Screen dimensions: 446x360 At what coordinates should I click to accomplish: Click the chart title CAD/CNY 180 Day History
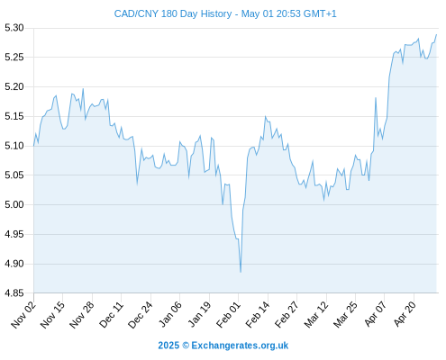pyautogui.click(x=173, y=13)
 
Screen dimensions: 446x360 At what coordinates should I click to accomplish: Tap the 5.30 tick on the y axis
pyautogui.click(x=14, y=28)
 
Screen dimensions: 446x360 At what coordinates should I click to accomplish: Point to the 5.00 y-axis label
pyautogui.click(x=14, y=204)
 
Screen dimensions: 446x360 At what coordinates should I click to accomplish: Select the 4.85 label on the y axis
pyautogui.click(x=14, y=292)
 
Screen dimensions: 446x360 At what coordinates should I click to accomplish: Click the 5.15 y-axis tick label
pyautogui.click(x=14, y=116)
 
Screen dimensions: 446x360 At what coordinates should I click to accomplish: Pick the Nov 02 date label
pyautogui.click(x=23, y=315)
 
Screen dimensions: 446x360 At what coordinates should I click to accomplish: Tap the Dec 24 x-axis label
pyautogui.click(x=141, y=315)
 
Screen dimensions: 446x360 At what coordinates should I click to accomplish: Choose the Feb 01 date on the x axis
pyautogui.click(x=228, y=315)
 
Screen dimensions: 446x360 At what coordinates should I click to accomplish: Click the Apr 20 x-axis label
pyautogui.click(x=405, y=314)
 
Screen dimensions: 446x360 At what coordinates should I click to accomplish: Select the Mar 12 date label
pyautogui.click(x=316, y=315)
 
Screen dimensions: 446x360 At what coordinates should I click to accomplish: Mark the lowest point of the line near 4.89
pyautogui.click(x=241, y=272)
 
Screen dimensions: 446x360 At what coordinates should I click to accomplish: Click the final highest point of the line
pyautogui.click(x=436, y=34)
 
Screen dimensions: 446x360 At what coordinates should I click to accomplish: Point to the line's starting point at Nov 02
pyautogui.click(x=33, y=146)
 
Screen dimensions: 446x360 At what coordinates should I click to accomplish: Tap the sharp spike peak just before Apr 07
pyautogui.click(x=376, y=98)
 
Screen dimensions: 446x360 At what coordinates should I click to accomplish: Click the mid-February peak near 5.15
pyautogui.click(x=265, y=116)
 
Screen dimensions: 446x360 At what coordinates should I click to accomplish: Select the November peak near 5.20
pyautogui.click(x=83, y=89)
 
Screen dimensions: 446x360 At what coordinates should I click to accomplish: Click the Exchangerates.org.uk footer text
pyautogui.click(x=240, y=346)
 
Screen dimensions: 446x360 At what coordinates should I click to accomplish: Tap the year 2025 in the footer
pyautogui.click(x=168, y=346)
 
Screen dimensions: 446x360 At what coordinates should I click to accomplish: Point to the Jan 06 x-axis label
pyautogui.click(x=169, y=315)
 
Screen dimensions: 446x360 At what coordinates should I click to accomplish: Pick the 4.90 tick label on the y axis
pyautogui.click(x=14, y=264)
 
